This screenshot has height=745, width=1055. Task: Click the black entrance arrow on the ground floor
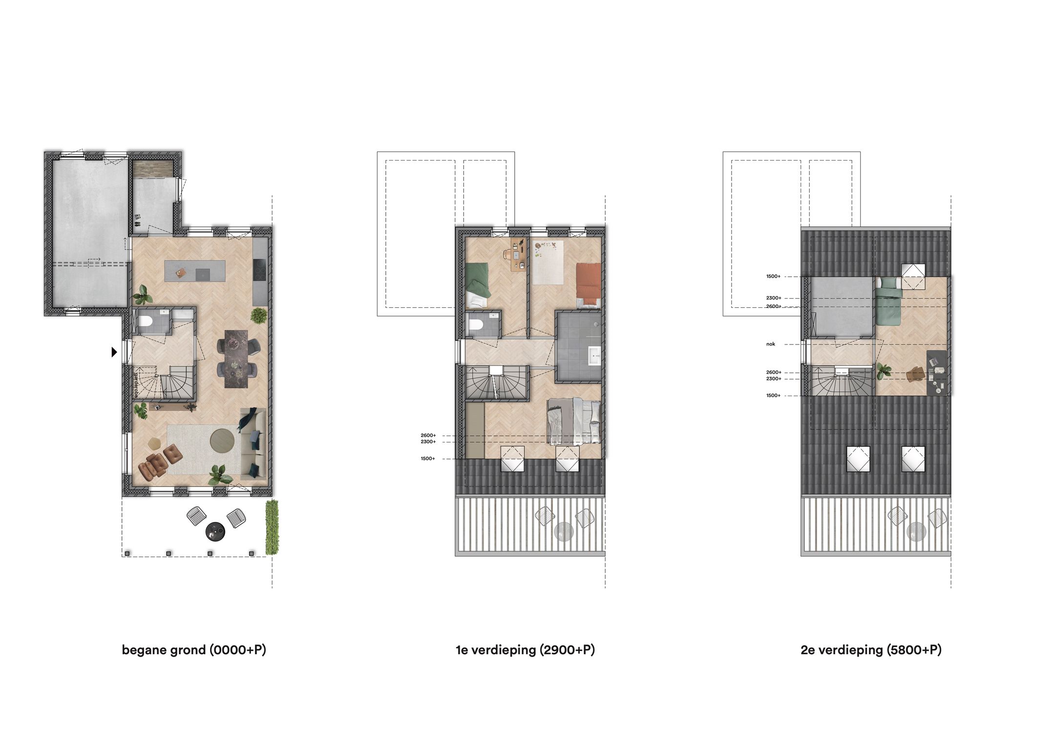[x=114, y=351]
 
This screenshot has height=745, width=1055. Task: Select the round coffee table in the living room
[x=222, y=440]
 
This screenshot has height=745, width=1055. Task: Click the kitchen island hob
[x=203, y=275]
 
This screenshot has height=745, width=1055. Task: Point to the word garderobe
[x=136, y=385]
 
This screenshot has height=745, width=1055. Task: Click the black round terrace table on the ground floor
[x=215, y=531]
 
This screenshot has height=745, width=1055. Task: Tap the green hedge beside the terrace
[x=272, y=527]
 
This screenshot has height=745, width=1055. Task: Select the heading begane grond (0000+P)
[x=194, y=650]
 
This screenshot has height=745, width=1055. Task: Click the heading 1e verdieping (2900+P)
[x=525, y=650]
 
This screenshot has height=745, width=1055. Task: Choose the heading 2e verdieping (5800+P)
[x=871, y=650]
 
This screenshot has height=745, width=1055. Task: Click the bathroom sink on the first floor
[x=595, y=356]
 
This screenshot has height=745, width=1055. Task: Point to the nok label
[x=771, y=344]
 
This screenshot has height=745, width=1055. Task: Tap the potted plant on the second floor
[x=883, y=371]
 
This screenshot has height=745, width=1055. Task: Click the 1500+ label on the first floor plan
[x=428, y=459]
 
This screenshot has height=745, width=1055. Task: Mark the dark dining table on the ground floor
[x=236, y=359]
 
